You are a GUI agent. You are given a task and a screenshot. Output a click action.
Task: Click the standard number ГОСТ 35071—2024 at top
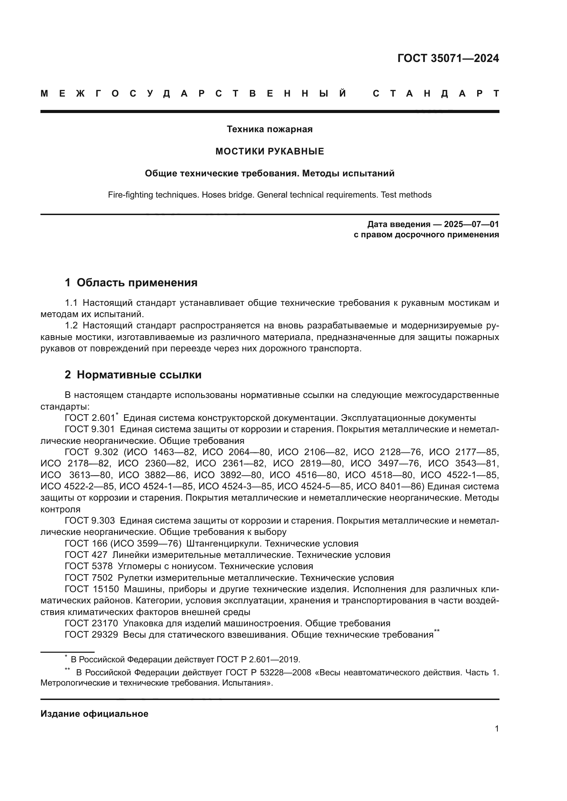(x=448, y=58)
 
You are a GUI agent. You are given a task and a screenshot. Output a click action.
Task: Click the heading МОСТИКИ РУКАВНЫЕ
(x=269, y=151)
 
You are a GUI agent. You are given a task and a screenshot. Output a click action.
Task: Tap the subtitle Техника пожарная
(x=269, y=129)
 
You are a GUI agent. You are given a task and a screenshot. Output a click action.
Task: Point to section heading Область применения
(x=137, y=283)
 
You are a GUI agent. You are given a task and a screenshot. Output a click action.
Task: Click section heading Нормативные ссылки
(x=139, y=375)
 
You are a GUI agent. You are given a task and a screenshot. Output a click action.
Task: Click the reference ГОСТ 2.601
(x=90, y=418)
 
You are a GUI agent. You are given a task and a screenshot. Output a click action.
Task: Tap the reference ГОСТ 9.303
(x=90, y=521)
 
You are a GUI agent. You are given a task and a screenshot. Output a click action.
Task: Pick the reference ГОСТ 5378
(x=89, y=566)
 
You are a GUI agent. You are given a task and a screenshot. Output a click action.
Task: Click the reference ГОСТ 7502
(x=89, y=578)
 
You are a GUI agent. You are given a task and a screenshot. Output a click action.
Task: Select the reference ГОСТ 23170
(x=91, y=623)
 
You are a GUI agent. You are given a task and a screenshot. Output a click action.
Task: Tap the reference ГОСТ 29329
(x=91, y=635)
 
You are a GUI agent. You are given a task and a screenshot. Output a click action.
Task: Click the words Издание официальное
(x=94, y=714)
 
